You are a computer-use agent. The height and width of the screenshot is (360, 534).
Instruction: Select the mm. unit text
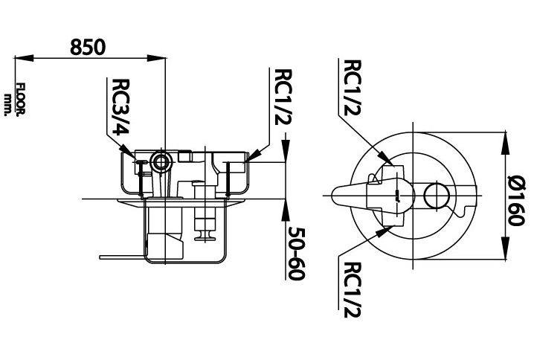8,103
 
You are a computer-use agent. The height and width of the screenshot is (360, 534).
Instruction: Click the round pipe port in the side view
159,160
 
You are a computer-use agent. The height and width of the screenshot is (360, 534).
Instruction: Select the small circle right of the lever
435,195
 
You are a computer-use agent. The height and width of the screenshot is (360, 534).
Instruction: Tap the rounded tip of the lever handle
333,195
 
